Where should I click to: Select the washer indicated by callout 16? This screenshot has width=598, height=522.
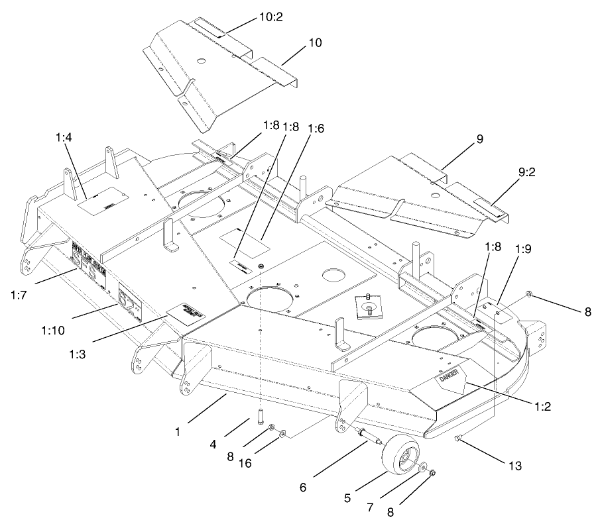(x=284, y=434)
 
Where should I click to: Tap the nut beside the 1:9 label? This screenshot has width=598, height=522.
(x=528, y=293)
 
